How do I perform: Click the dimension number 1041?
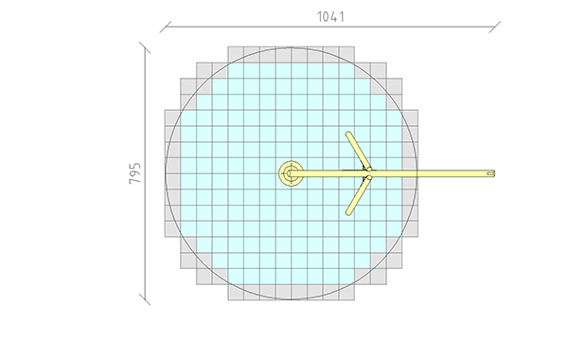tap(330, 17)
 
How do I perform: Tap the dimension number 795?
tap(134, 173)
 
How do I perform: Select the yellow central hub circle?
tap(291, 173)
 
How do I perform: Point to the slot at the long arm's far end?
tap(490, 173)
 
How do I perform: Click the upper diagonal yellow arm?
tap(358, 151)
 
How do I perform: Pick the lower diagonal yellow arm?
tap(358, 196)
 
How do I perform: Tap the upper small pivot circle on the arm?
tap(369, 169)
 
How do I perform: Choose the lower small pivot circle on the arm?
tap(369, 178)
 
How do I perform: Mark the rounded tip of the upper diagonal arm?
tap(348, 135)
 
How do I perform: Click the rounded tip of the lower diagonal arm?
tap(348, 213)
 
